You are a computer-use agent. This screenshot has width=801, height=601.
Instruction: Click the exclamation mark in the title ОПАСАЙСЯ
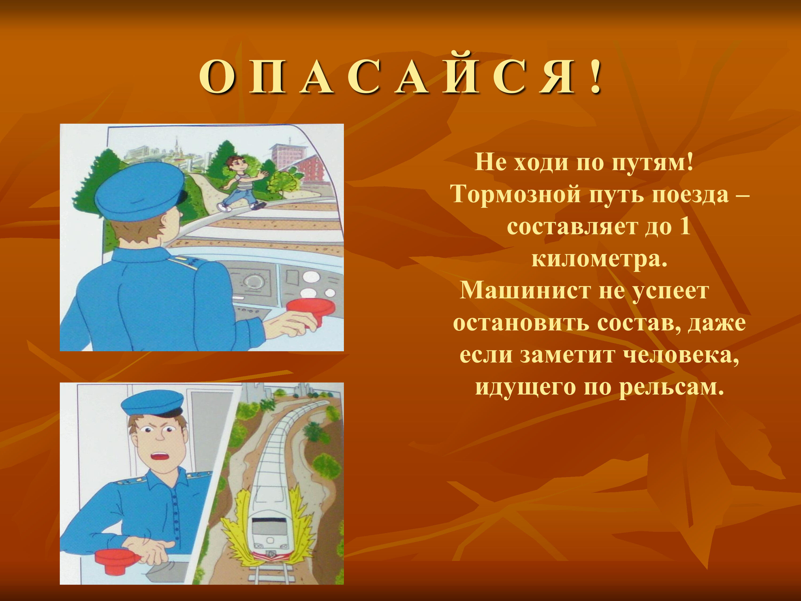tap(595, 77)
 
